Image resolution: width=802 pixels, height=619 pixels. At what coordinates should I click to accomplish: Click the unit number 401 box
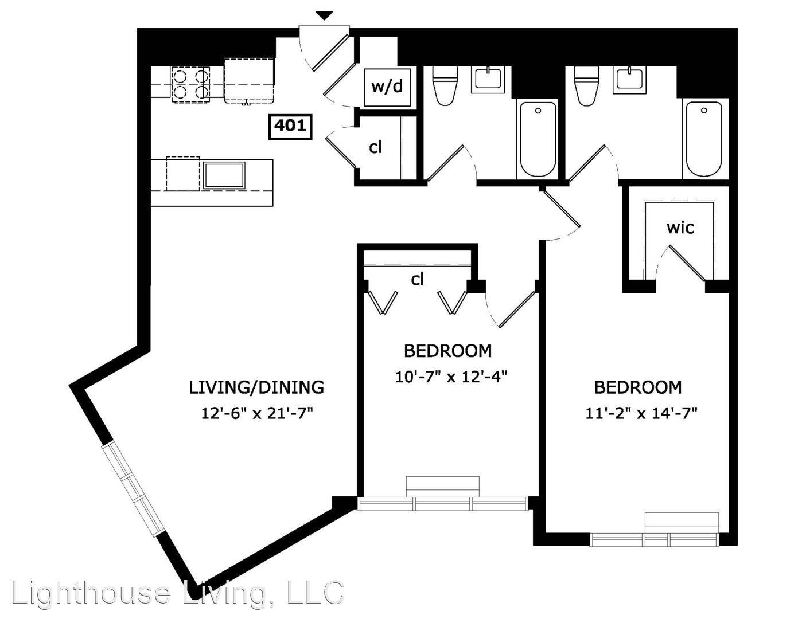[x=290, y=127]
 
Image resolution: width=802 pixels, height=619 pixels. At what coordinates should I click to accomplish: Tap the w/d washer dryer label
[x=387, y=87]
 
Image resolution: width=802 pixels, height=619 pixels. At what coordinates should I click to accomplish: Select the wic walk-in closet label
[x=680, y=228]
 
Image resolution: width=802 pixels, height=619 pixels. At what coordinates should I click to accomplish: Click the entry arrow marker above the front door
[x=325, y=16]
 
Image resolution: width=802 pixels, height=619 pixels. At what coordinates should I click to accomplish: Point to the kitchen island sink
[x=224, y=175]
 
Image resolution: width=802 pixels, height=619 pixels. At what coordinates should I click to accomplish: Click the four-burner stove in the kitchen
[x=190, y=84]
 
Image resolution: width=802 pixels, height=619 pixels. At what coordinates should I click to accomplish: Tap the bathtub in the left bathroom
[x=538, y=139]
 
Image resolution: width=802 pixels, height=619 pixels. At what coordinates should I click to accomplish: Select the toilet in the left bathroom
[x=445, y=86]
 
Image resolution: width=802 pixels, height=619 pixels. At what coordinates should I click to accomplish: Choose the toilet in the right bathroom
[x=587, y=86]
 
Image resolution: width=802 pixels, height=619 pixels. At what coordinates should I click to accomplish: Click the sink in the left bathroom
[x=488, y=79]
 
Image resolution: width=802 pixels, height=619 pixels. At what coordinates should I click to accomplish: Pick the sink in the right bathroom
[x=630, y=79]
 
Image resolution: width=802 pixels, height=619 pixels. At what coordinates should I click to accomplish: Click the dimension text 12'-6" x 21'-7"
[x=257, y=413]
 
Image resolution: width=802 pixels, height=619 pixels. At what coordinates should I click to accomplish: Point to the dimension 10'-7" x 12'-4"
[x=451, y=377]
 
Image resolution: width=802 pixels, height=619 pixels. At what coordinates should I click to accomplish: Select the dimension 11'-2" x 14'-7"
[x=641, y=413]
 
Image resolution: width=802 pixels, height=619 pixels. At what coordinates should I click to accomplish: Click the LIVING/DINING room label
[x=256, y=387]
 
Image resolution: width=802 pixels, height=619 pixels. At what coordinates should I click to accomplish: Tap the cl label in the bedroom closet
[x=417, y=280]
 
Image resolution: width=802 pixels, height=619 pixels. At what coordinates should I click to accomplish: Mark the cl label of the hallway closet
[x=375, y=147]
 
